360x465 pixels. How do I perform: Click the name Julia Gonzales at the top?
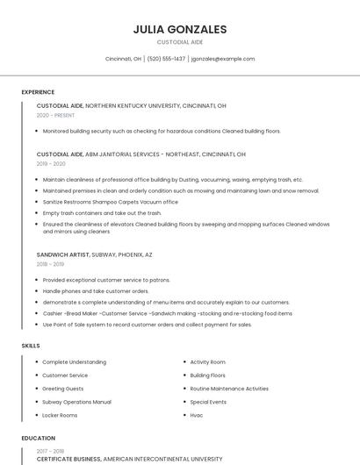pos(180,29)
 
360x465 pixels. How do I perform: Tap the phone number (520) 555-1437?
pos(167,59)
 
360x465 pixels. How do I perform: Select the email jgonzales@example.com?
pos(223,59)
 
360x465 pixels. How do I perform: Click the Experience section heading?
pos(38,92)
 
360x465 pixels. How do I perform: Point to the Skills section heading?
pos(31,346)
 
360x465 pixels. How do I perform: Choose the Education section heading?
pos(38,438)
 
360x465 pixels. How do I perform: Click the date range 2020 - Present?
pos(55,115)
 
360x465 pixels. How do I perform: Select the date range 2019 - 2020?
pos(51,163)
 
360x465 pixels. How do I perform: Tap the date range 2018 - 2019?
pos(50,263)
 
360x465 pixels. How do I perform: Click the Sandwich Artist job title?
pos(63,254)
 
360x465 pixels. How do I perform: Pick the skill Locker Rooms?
pos(60,415)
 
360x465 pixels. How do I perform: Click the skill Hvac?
pos(197,415)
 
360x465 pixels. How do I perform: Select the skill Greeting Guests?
pos(63,389)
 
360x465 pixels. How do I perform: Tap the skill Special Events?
pos(208,402)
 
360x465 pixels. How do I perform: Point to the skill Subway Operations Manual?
pos(76,402)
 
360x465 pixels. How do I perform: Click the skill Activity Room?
pos(208,361)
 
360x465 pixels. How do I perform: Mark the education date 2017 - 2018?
pos(51,451)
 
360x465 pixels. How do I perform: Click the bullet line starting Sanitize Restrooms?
pos(110,202)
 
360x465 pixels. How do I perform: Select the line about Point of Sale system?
pos(147,325)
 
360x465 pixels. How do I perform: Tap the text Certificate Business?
pos(68,459)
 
